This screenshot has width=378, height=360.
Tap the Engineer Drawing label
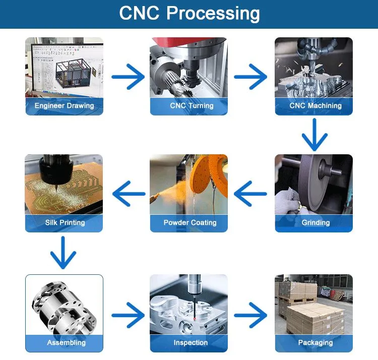[64, 106]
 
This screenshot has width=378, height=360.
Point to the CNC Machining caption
[316, 106]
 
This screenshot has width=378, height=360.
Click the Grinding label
[316, 222]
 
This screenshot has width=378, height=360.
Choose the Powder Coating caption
[190, 222]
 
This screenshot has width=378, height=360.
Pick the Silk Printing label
[65, 222]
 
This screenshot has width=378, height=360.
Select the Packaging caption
[316, 342]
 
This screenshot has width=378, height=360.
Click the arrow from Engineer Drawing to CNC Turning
[128, 77]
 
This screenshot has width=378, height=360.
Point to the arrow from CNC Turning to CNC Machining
[250, 77]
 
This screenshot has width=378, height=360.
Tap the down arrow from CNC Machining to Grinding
[314, 135]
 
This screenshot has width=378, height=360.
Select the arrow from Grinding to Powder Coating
[250, 193]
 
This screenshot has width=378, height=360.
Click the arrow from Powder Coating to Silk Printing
[128, 193]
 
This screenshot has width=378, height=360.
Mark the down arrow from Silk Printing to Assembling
[63, 253]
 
